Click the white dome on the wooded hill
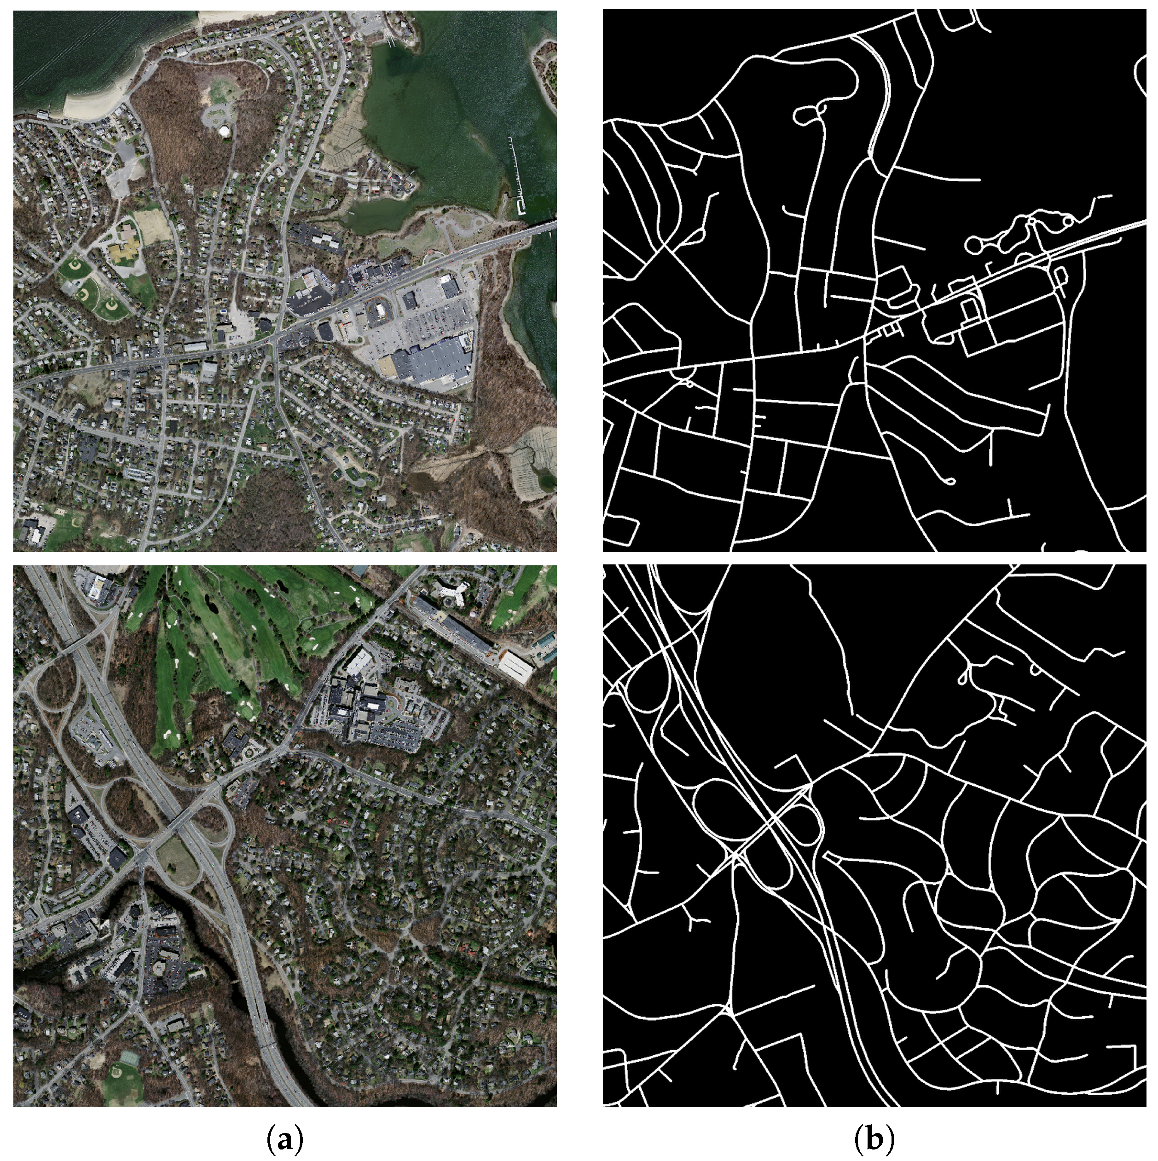point(224,130)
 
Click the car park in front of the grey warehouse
point(415,324)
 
